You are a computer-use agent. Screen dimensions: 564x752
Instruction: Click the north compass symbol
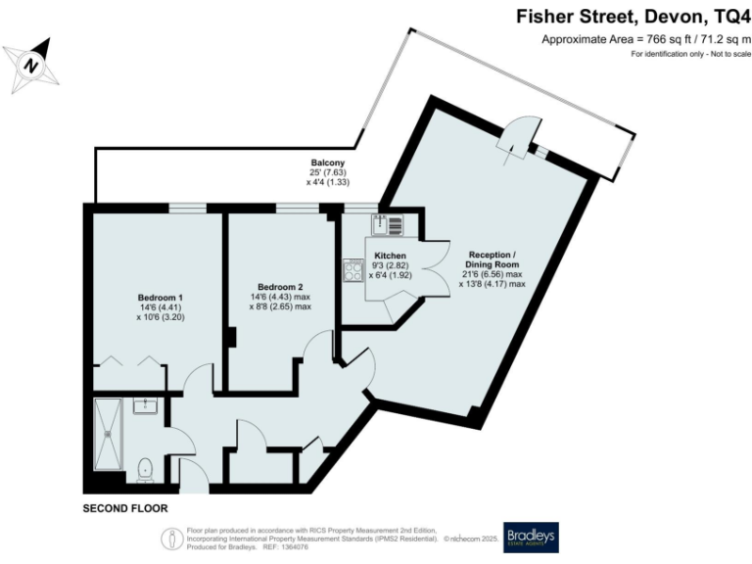click(x=33, y=65)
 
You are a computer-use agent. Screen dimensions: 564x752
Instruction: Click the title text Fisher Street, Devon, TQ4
click(x=632, y=17)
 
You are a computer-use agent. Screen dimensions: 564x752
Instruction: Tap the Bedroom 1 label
click(x=158, y=297)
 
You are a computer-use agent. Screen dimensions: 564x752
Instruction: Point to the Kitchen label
click(x=390, y=255)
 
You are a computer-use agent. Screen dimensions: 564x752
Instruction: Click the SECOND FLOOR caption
click(x=124, y=509)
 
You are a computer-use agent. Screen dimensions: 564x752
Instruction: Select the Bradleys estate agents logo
click(x=530, y=538)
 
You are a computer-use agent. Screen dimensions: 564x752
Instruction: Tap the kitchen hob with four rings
click(x=352, y=270)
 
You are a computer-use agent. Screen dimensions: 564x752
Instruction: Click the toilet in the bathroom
click(x=145, y=470)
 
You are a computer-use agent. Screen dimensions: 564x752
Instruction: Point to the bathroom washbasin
click(x=145, y=405)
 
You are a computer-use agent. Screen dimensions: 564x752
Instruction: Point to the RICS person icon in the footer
click(x=171, y=538)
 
